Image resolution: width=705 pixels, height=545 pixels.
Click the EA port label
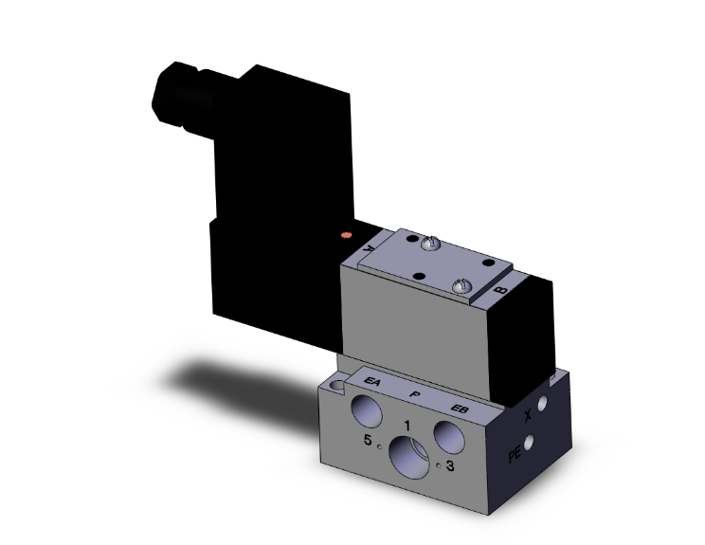pyautogui.click(x=372, y=384)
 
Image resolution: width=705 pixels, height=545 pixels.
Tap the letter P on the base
pyautogui.click(x=413, y=392)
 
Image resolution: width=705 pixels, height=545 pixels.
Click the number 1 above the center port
pyautogui.click(x=407, y=426)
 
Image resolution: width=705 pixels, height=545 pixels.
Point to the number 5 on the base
pyautogui.click(x=368, y=441)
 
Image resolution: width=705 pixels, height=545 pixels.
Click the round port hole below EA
pyautogui.click(x=365, y=412)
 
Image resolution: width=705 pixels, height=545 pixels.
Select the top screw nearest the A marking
pyautogui.click(x=431, y=245)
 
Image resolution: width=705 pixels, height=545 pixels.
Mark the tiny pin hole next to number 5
pyautogui.click(x=379, y=445)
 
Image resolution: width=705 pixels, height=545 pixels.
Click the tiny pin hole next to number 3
pyautogui.click(x=439, y=465)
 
